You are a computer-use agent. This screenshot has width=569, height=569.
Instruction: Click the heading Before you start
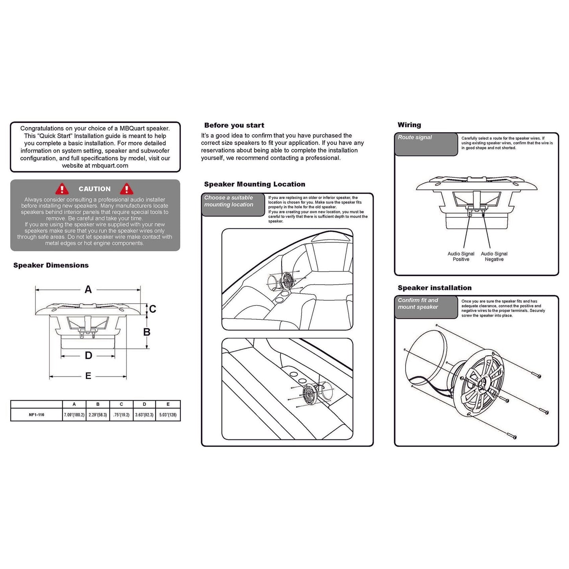pyautogui.click(x=234, y=125)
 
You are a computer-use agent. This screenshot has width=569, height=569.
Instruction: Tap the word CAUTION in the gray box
pyautogui.click(x=95, y=189)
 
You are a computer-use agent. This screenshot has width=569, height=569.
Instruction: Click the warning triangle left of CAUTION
pyautogui.click(x=62, y=189)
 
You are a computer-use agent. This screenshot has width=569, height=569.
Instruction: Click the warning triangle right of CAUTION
pyautogui.click(x=126, y=189)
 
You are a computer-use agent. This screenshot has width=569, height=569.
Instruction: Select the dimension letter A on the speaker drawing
pyautogui.click(x=88, y=290)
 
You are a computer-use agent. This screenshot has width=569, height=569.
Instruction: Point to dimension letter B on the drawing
pyautogui.click(x=147, y=332)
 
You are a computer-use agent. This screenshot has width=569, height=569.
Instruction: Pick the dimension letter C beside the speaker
pyautogui.click(x=153, y=309)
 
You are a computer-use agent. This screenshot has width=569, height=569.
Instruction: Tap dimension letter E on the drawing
pyautogui.click(x=88, y=376)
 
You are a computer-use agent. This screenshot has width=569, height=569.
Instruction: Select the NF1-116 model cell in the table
pyautogui.click(x=37, y=415)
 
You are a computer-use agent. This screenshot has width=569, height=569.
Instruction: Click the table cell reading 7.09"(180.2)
pyautogui.click(x=74, y=415)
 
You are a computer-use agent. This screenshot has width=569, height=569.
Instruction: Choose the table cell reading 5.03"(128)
pyautogui.click(x=168, y=415)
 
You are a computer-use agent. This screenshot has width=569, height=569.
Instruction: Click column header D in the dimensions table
pyautogui.click(x=145, y=404)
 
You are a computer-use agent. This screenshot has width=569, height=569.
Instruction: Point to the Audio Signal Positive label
pyautogui.click(x=461, y=257)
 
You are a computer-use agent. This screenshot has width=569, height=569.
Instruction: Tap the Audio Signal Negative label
pyautogui.click(x=494, y=257)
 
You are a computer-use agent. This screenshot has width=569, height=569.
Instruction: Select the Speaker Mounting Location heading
pyautogui.click(x=254, y=184)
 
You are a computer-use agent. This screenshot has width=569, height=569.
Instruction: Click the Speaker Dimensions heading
pyautogui.click(x=51, y=265)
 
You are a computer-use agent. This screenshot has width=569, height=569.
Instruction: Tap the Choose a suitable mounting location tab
pyautogui.click(x=233, y=204)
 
